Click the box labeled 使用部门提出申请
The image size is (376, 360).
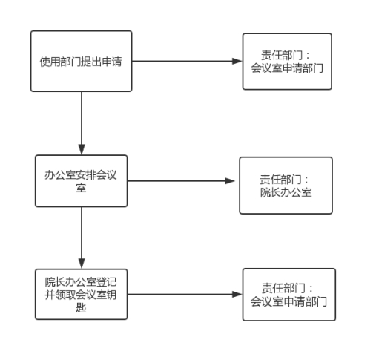click(81, 61)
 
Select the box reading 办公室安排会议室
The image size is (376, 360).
click(81, 181)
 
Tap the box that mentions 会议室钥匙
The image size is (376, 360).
click(81, 294)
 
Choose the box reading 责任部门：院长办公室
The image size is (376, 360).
click(286, 186)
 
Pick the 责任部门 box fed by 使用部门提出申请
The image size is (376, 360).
click(287, 62)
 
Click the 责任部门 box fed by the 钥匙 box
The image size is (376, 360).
click(289, 295)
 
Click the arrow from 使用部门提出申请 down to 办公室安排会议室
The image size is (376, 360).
click(82, 123)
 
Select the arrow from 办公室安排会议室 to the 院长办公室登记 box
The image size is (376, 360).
click(82, 238)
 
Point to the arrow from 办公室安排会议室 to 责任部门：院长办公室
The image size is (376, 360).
click(181, 181)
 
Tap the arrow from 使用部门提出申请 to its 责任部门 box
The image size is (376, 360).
click(187, 61)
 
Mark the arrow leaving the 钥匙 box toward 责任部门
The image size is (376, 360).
click(185, 294)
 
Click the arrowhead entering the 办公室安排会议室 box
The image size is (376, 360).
click(82, 150)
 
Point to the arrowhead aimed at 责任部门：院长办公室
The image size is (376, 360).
click(230, 181)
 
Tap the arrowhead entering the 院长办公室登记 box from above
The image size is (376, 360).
click(82, 264)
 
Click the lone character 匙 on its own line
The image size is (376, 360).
click(81, 307)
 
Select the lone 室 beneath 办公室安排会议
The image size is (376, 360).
click(81, 188)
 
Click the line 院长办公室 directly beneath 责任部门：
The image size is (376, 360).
click(286, 192)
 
